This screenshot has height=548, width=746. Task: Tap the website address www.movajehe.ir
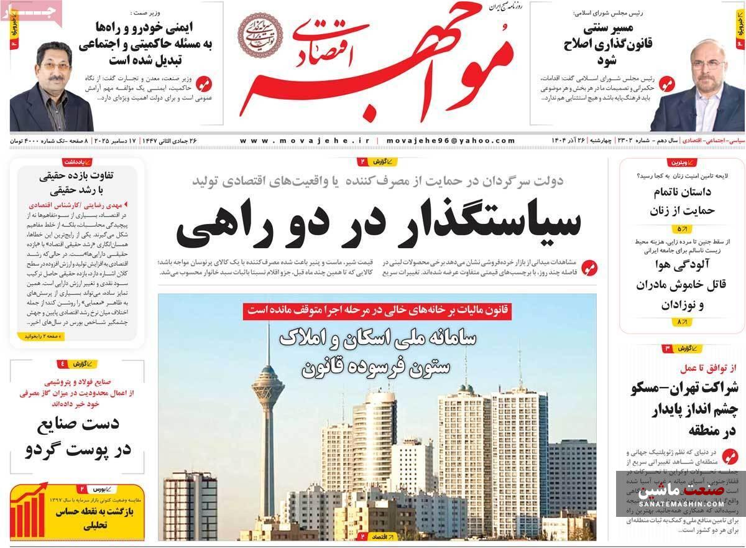pyautogui.click(x=304, y=141)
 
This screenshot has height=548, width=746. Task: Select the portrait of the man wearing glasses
pyautogui.click(x=51, y=87)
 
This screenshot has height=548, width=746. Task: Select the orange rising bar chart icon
pyautogui.click(x=29, y=512)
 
